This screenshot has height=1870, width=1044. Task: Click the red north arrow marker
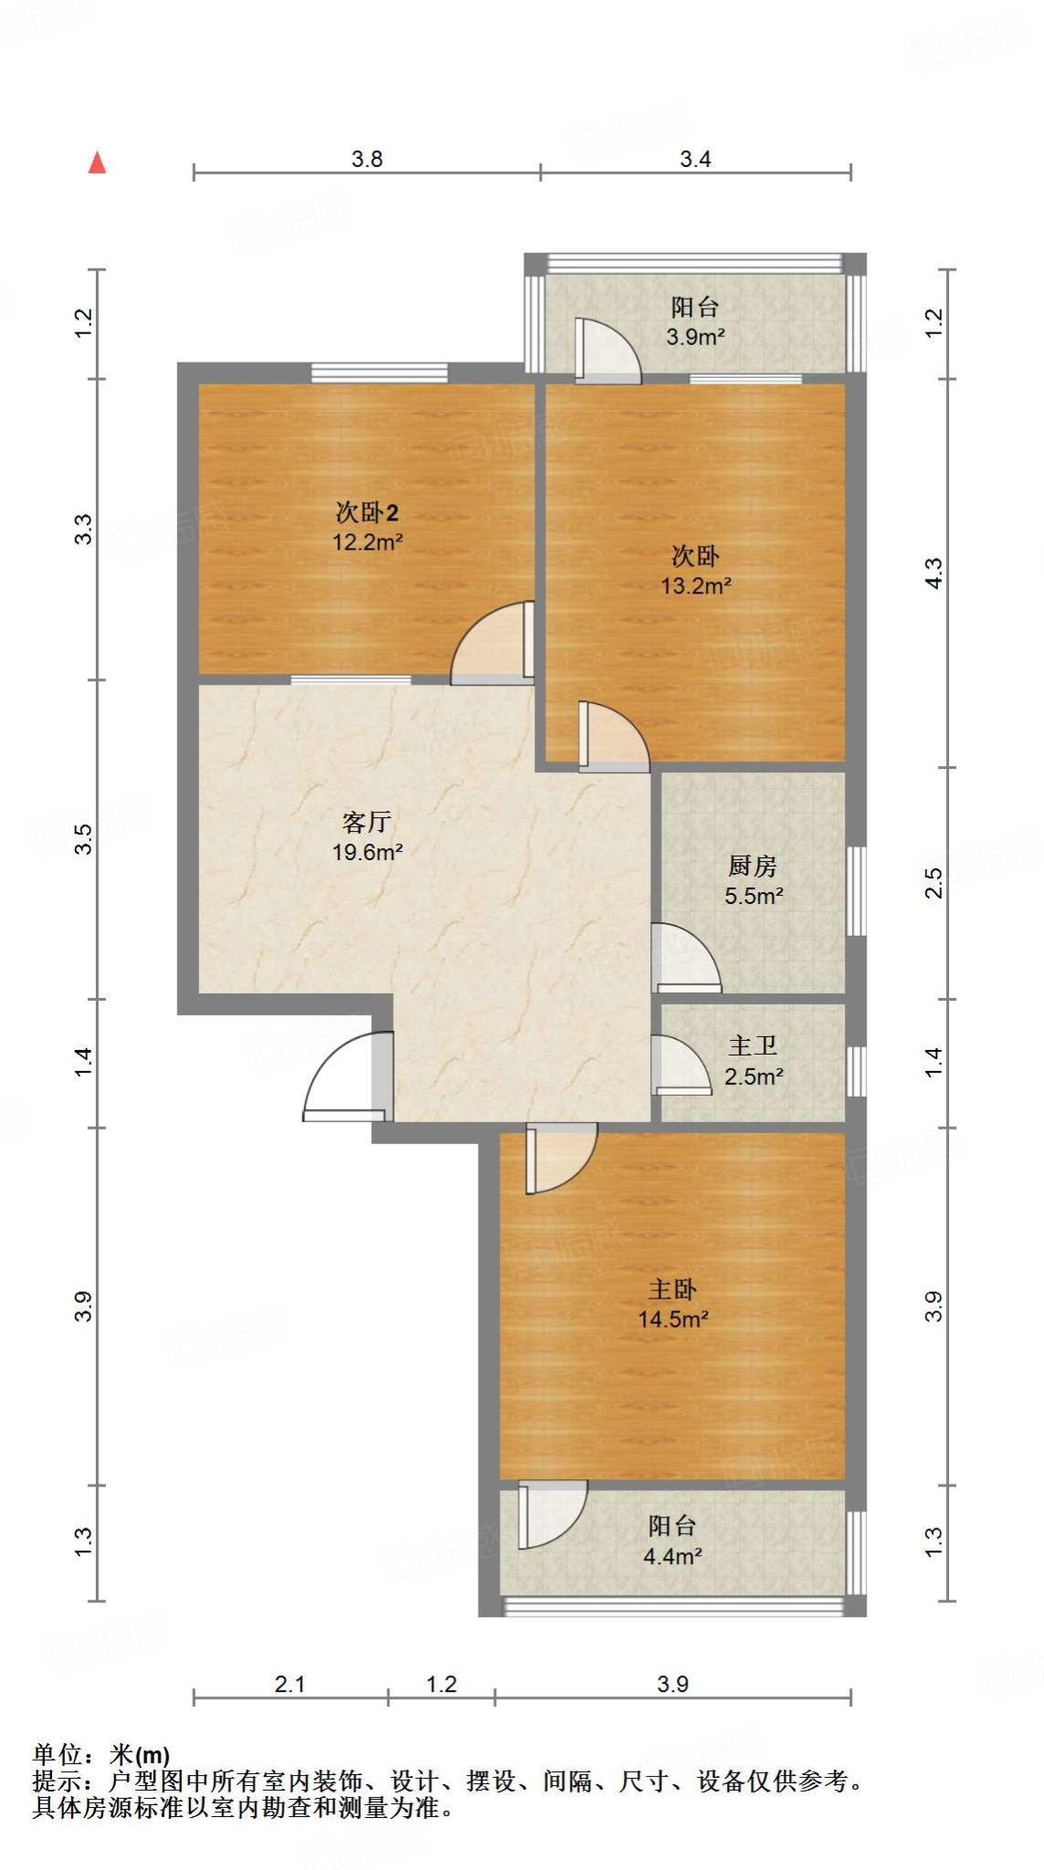pyautogui.click(x=97, y=163)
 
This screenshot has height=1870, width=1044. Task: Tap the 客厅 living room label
pyautogui.click(x=366, y=822)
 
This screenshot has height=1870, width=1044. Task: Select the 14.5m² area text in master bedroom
pyautogui.click(x=673, y=1318)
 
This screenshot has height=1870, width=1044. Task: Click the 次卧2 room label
pyautogui.click(x=366, y=512)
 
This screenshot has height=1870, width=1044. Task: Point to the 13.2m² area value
pyautogui.click(x=696, y=585)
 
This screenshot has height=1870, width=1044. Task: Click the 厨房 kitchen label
pyautogui.click(x=753, y=866)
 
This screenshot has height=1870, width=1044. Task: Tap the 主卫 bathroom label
pyautogui.click(x=753, y=1045)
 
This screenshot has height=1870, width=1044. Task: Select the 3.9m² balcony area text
pyautogui.click(x=695, y=337)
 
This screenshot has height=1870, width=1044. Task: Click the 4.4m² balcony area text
pyautogui.click(x=672, y=1556)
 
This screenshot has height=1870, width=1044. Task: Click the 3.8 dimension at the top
pyautogui.click(x=367, y=159)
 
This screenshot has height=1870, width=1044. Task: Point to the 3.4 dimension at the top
pyautogui.click(x=695, y=159)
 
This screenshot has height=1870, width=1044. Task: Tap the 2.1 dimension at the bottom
pyautogui.click(x=290, y=1684)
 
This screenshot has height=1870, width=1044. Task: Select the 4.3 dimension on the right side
pyautogui.click(x=933, y=573)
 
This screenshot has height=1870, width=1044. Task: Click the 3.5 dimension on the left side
pyautogui.click(x=83, y=838)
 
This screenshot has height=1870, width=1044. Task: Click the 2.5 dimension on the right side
pyautogui.click(x=933, y=883)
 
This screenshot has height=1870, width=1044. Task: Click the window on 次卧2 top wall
pyautogui.click(x=379, y=372)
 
